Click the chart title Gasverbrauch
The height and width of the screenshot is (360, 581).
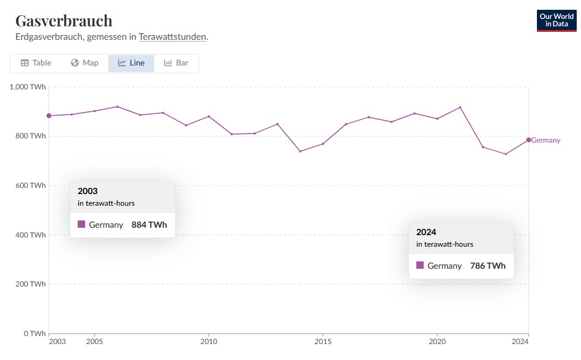(x=64, y=21)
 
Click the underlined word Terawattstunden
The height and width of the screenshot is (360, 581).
(x=173, y=37)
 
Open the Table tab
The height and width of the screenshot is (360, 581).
(x=36, y=63)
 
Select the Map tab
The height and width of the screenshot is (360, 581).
(x=84, y=63)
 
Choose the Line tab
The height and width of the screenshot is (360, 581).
(x=131, y=63)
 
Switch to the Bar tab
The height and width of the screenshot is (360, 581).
(x=176, y=63)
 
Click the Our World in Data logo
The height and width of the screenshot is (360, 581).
(x=556, y=21)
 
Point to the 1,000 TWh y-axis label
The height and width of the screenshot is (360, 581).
(x=28, y=87)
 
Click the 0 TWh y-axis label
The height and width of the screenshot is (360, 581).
(x=35, y=334)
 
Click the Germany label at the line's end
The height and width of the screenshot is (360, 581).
(x=545, y=140)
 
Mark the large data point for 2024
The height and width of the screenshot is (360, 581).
(x=528, y=140)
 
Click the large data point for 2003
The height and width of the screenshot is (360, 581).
(x=49, y=116)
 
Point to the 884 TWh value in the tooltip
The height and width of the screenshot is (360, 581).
(x=149, y=225)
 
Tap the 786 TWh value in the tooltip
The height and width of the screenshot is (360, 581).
(x=487, y=266)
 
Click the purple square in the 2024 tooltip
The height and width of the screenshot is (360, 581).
(x=420, y=266)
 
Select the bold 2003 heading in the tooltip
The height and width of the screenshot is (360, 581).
(x=88, y=191)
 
